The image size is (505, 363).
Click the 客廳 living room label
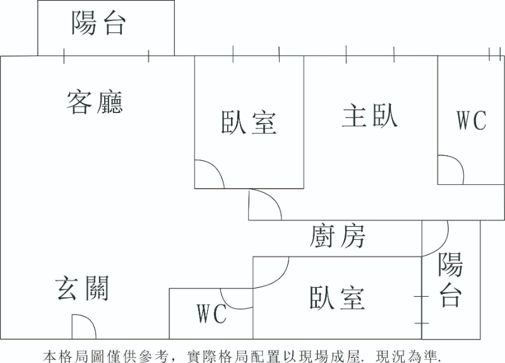tap(95, 102)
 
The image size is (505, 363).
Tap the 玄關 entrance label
tap(82, 289)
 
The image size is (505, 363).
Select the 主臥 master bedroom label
tap(370, 116)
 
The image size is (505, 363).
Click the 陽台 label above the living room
tap(99, 24)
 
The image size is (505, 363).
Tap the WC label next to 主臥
tap(472, 120)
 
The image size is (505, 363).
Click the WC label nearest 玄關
tap(211, 313)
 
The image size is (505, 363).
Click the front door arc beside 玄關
tap(83, 327)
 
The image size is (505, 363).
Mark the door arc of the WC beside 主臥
tap(451, 169)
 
